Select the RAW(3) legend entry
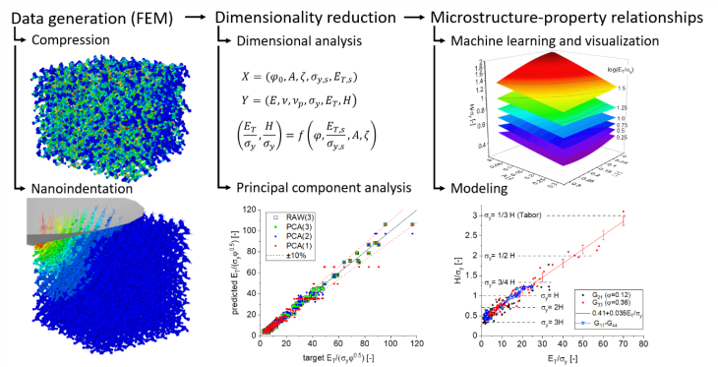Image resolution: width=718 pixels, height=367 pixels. point(295,216)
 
